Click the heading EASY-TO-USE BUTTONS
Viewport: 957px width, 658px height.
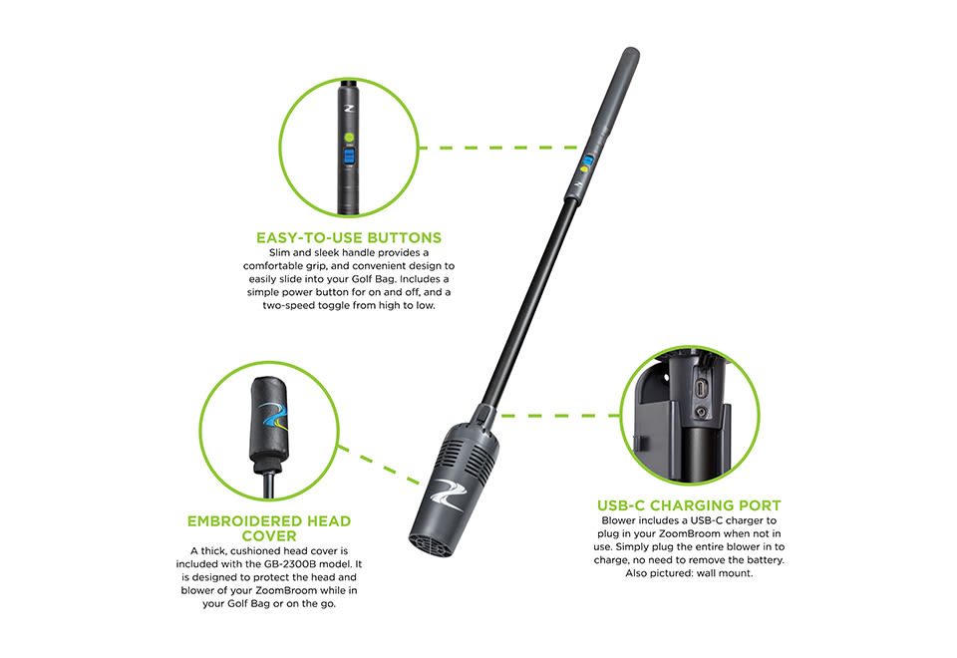coord(349,237)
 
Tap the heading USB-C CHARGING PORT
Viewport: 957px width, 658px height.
coord(689,505)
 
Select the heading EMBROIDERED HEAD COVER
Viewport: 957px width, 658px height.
coord(269,528)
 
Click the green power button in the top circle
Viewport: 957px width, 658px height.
coord(349,138)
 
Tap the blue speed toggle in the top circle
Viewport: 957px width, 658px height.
coord(349,157)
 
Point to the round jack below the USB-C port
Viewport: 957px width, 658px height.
coord(701,413)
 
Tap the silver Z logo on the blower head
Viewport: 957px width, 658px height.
coord(447,493)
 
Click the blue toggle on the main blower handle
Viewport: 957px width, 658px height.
coord(588,162)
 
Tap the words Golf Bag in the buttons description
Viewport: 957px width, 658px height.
coord(372,279)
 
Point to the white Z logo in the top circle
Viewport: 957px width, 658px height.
coord(349,109)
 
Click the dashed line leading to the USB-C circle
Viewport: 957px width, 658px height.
coord(559,416)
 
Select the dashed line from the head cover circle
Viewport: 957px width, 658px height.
coord(379,466)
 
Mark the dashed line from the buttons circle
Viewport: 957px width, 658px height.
coord(499,148)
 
